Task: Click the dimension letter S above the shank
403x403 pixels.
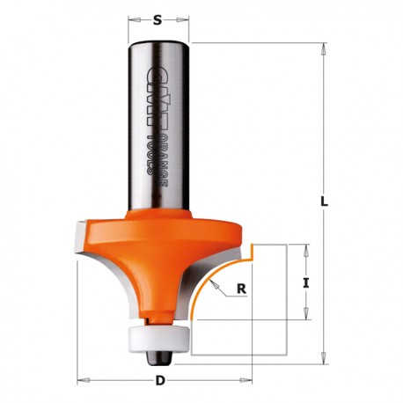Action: [x=158, y=20]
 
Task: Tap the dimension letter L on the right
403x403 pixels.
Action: [x=324, y=201]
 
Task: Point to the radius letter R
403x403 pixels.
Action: [x=241, y=289]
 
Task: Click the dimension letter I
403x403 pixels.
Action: [x=306, y=283]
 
